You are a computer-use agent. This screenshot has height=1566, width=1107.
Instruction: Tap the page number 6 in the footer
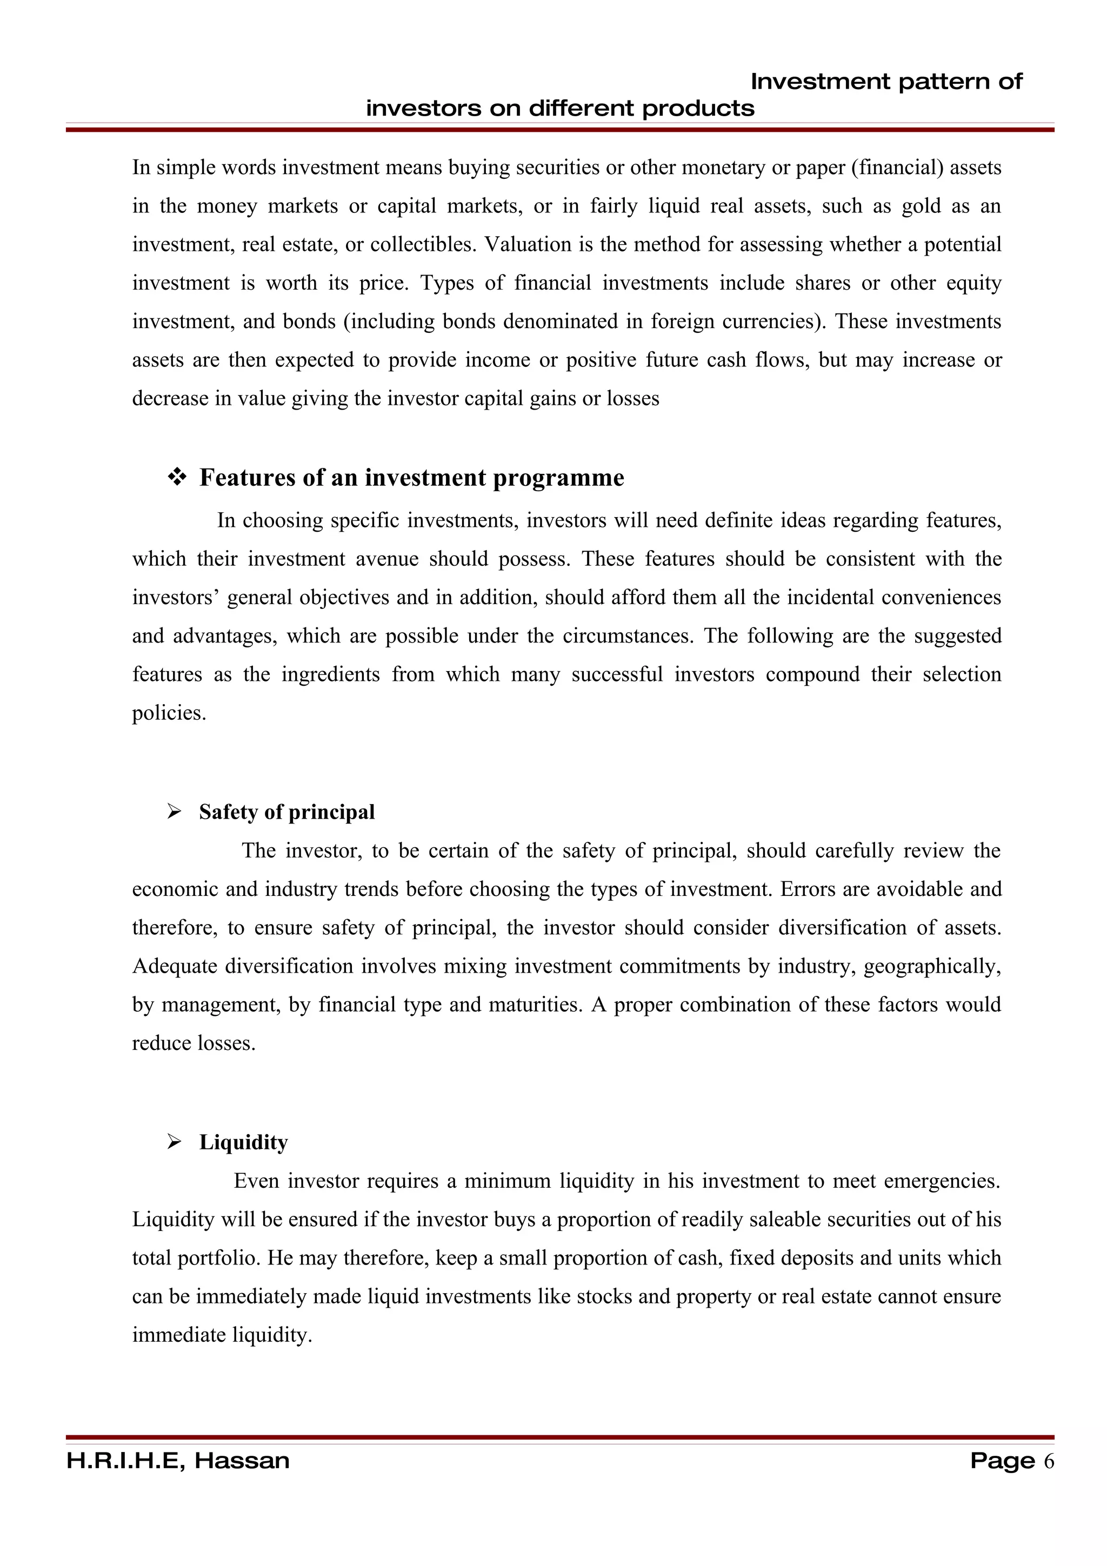click(1048, 1461)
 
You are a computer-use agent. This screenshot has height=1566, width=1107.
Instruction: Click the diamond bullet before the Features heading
click(177, 478)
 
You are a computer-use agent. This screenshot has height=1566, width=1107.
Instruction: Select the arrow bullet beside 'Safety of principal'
click(175, 812)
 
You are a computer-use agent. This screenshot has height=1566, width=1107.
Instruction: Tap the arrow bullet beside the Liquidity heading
click(175, 1142)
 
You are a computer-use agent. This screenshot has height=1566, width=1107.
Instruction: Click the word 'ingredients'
click(330, 674)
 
